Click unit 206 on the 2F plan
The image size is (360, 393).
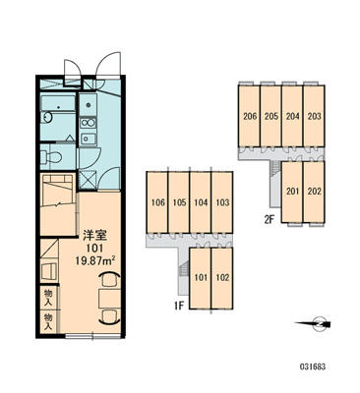tap(250, 116)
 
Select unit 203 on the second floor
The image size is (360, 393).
tap(314, 116)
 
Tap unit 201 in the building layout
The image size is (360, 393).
tap(292, 192)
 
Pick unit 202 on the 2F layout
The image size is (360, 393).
tap(314, 192)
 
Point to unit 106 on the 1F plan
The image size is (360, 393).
tap(157, 202)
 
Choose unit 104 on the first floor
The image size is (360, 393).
tap(201, 202)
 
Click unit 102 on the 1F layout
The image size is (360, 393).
tap(222, 278)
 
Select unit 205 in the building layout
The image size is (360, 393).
tap(271, 116)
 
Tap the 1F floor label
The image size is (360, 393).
tap(179, 307)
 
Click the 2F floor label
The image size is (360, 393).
tap(270, 219)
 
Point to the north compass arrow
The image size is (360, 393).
tap(313, 324)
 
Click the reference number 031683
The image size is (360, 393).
tap(313, 366)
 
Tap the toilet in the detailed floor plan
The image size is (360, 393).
tap(51, 157)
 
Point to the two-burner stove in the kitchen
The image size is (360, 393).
tap(88, 123)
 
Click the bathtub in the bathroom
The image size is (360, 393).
tap(58, 103)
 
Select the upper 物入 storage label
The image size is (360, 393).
tap(48, 298)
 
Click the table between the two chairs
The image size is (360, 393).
tap(109, 298)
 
